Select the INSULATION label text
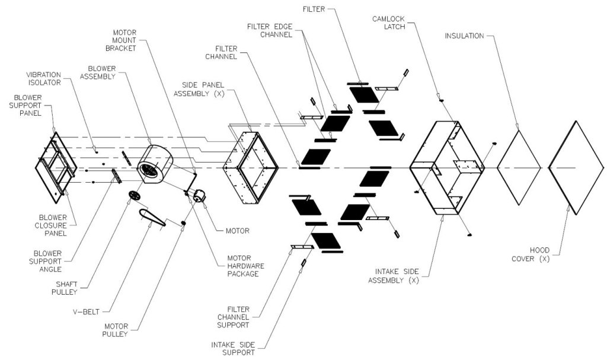pos(464,36)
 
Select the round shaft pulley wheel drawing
pos(135,196)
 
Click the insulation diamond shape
pos(519,167)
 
